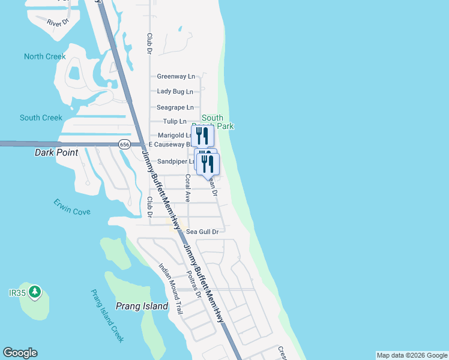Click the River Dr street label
pos(58,22)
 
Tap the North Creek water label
pos(44,56)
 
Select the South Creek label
pos(41,118)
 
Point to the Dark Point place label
pos(56,152)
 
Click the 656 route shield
pos(124,145)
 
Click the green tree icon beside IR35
pos(35,292)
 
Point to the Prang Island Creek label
pos(107,316)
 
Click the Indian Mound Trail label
pos(170,289)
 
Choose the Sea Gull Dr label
pos(202,231)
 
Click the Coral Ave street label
pos(188,188)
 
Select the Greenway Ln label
pos(176,76)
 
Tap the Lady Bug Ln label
pos(175,91)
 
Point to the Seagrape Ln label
pos(175,107)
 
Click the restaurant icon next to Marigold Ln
pos(202,136)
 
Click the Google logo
pos(20,353)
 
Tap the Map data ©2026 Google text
pos(412,355)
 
